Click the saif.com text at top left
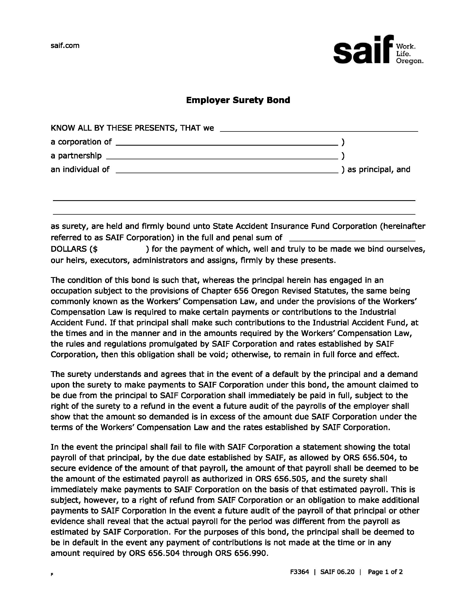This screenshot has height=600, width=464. click(x=65, y=46)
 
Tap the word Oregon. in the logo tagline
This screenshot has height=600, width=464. click(x=409, y=61)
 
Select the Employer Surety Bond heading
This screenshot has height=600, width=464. click(x=238, y=100)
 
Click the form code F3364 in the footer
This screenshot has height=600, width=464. click(x=299, y=572)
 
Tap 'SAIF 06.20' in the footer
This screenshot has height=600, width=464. click(x=337, y=572)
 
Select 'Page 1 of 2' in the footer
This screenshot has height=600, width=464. click(x=385, y=572)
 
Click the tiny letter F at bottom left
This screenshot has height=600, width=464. click(x=52, y=574)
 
